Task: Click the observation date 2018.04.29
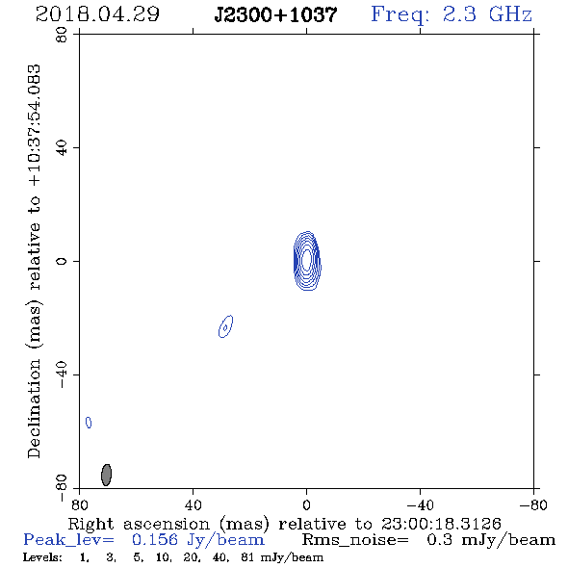97,14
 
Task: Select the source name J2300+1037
275,14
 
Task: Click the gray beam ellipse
106,475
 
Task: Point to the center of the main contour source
307,261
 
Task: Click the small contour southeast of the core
225,326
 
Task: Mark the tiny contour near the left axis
89,423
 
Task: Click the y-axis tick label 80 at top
62,35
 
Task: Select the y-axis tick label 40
62,148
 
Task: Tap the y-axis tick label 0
62,261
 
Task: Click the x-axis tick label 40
194,505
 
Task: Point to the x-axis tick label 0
306,505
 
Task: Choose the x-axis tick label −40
420,505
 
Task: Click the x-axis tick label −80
533,505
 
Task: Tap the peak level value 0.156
155,540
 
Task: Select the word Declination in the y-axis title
34,408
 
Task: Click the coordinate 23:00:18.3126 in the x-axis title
441,524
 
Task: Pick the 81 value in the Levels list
248,557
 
